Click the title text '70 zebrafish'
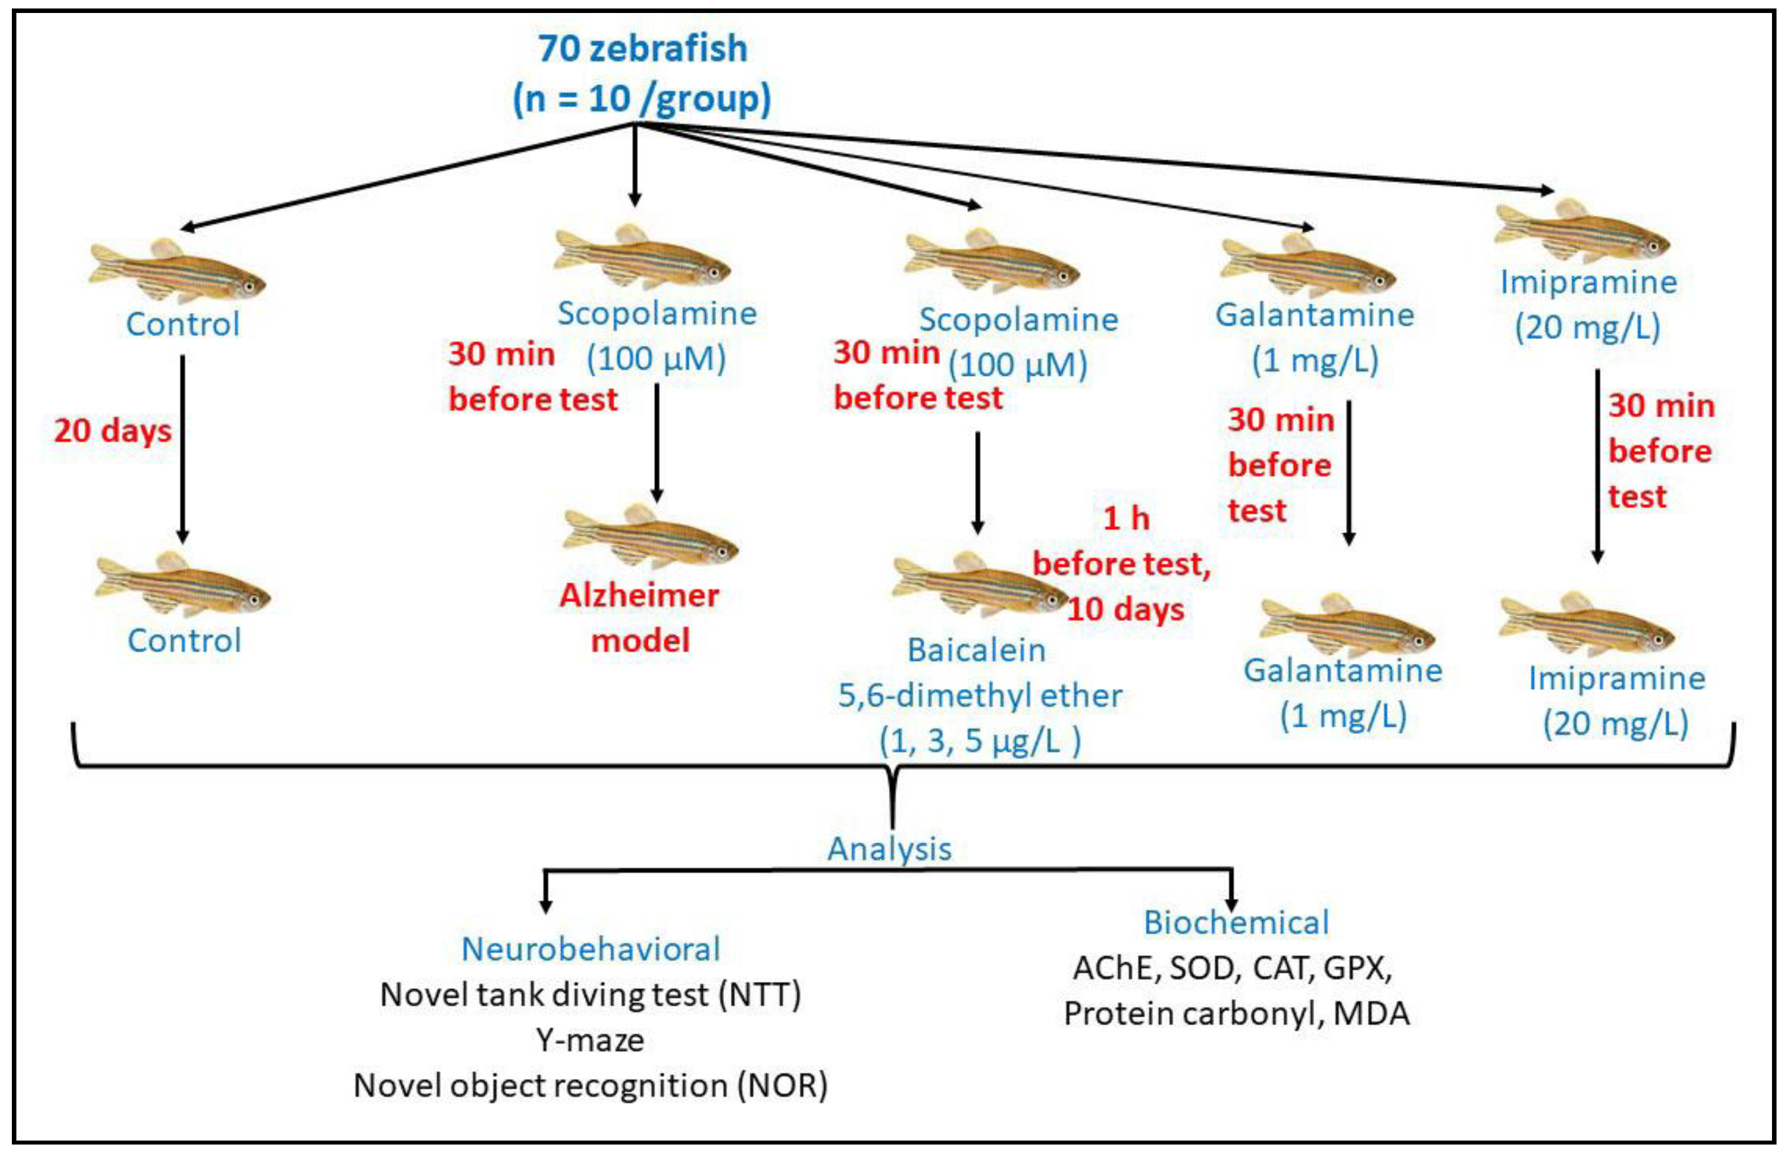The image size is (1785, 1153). click(643, 49)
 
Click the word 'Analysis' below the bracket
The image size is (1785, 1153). click(889, 849)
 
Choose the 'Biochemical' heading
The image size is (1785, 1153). click(1236, 923)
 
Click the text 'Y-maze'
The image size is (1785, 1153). click(590, 1040)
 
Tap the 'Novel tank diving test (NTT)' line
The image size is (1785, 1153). click(590, 994)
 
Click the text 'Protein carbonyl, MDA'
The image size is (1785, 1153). click(1236, 1013)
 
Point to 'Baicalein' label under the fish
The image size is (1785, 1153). click(976, 650)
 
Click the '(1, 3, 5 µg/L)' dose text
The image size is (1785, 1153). click(980, 741)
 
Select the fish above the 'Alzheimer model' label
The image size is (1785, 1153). click(649, 538)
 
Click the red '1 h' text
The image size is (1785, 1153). click(1126, 518)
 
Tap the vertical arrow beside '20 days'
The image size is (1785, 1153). click(182, 449)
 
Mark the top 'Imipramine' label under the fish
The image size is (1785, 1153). click(1588, 282)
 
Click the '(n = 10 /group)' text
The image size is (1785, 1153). click(642, 99)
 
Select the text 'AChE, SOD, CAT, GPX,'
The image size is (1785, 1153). click(1232, 968)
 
